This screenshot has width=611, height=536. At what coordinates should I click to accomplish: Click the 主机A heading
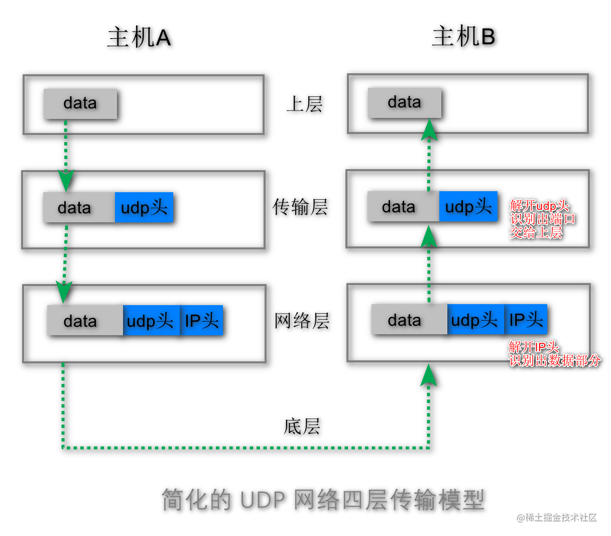tap(139, 38)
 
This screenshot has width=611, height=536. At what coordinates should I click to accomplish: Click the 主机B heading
tap(463, 37)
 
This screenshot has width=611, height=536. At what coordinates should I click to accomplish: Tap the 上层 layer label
tap(304, 104)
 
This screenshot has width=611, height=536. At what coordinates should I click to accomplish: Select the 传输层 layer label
tap(300, 207)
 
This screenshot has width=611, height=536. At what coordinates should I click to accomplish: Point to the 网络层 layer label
tap(302, 321)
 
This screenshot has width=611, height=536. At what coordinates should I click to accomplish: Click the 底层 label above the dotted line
tap(302, 427)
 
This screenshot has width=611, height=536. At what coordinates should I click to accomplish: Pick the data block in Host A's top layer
tap(80, 104)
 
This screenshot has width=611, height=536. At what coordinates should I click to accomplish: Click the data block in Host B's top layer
tap(405, 103)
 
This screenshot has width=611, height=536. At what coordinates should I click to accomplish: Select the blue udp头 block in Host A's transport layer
tap(144, 207)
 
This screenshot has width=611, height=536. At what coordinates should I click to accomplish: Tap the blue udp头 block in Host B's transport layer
tap(468, 206)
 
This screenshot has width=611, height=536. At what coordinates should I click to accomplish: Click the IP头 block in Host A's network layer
tap(201, 321)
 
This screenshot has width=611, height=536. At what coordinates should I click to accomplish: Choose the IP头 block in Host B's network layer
tap(526, 320)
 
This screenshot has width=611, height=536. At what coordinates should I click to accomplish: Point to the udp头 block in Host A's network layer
tap(151, 321)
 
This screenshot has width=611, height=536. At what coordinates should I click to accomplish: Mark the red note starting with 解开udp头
tap(542, 219)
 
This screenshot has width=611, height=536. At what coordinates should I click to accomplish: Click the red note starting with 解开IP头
tap(554, 354)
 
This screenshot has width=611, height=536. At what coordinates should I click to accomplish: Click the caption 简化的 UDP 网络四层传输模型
tap(323, 500)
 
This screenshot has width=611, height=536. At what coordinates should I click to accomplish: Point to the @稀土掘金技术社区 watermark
tap(557, 517)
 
